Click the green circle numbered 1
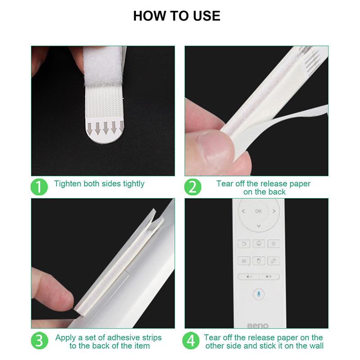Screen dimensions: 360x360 pyautogui.click(x=39, y=187)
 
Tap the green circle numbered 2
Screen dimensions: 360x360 pyautogui.click(x=193, y=187)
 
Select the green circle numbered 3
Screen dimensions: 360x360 pyautogui.click(x=40, y=341)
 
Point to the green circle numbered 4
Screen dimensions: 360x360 pyautogui.click(x=191, y=341)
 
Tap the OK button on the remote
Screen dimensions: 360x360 pyautogui.click(x=258, y=211)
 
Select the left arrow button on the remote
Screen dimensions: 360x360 pyautogui.click(x=243, y=211)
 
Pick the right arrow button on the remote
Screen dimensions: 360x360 pyautogui.click(x=274, y=211)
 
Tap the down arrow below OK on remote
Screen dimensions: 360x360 pyautogui.click(x=259, y=226)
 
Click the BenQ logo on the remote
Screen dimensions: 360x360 pyautogui.click(x=258, y=325)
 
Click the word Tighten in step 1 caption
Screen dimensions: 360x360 pyautogui.click(x=67, y=184)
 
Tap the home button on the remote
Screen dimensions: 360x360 pyautogui.click(x=259, y=243)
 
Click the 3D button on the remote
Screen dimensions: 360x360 pyautogui.click(x=244, y=261)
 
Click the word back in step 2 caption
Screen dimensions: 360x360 pyautogui.click(x=277, y=192)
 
